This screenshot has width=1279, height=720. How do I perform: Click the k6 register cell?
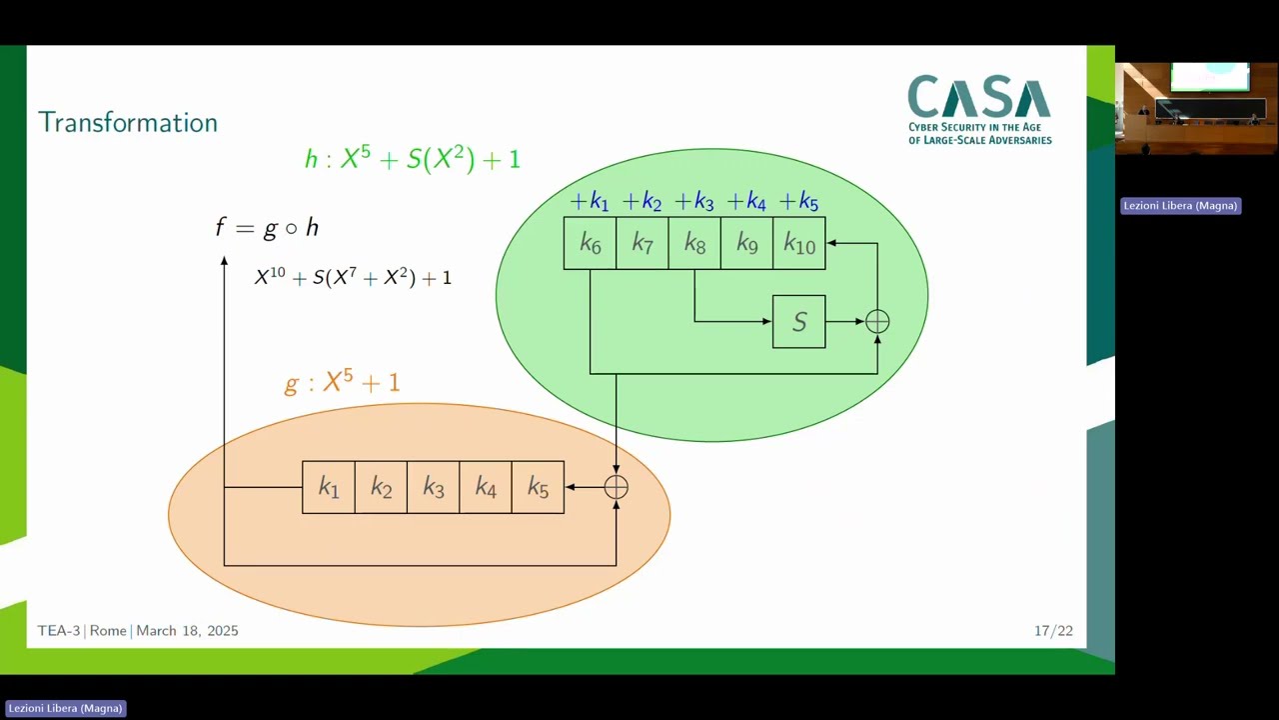click(x=590, y=244)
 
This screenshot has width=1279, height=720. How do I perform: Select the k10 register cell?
click(x=799, y=244)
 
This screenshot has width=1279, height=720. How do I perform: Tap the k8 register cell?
click(x=694, y=244)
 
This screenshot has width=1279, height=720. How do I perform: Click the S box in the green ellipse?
click(x=798, y=322)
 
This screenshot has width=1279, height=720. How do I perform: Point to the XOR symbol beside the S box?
click(x=877, y=322)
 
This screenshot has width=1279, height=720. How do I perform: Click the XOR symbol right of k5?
click(x=616, y=487)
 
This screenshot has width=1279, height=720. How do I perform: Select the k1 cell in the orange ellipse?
click(x=329, y=487)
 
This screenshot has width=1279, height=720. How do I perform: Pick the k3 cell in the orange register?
click(x=433, y=487)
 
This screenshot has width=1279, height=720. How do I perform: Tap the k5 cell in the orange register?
click(x=538, y=487)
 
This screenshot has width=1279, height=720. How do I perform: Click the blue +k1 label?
click(x=590, y=202)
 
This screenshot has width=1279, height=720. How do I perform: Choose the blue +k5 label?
click(x=798, y=202)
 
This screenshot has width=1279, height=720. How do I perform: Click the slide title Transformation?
click(x=128, y=122)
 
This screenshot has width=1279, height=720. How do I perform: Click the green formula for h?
click(x=413, y=158)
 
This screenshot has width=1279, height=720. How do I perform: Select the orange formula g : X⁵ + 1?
click(x=342, y=382)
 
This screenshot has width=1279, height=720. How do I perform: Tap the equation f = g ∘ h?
click(x=267, y=228)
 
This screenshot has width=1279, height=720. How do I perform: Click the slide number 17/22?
click(x=1053, y=631)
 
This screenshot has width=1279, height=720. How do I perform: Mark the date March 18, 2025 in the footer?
click(x=187, y=631)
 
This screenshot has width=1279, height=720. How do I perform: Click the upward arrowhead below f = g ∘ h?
click(x=224, y=261)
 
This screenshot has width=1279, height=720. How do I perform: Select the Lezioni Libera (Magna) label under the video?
click(x=1180, y=206)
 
